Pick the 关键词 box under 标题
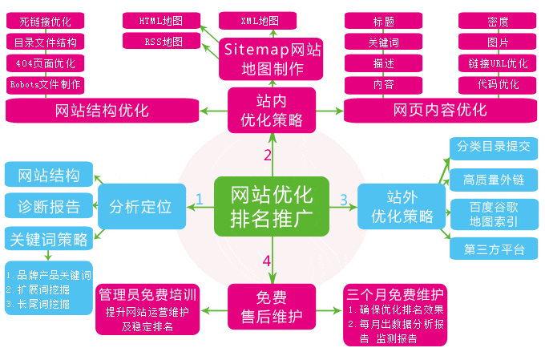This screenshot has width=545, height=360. (382, 42)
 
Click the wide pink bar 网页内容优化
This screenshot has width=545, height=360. (440, 110)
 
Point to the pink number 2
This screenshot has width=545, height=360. (268, 155)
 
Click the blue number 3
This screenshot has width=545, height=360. (344, 199)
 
